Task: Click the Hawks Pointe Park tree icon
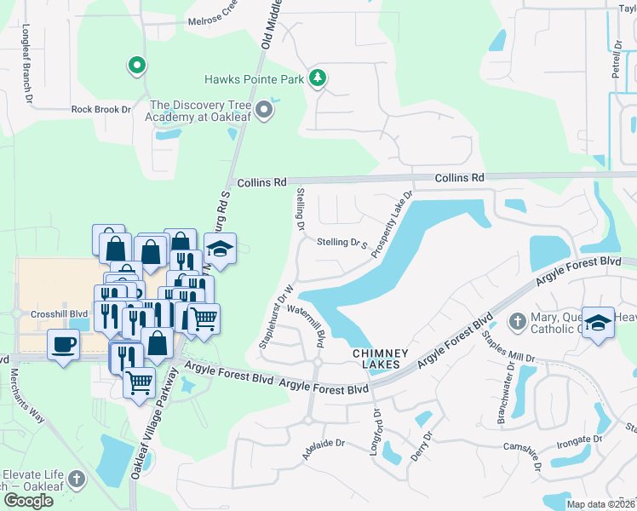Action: pos(318,79)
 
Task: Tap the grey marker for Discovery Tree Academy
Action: pos(265,109)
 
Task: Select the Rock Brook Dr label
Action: pos(101,109)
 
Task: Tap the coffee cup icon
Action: pos(64,345)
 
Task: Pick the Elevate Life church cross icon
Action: pos(77,479)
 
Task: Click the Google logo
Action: pos(28,500)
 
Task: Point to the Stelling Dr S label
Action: pos(341,243)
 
